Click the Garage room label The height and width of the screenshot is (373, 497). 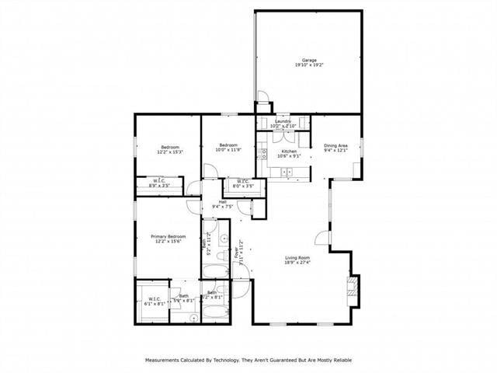[x=309, y=60]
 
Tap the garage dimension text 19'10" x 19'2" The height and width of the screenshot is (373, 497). [x=309, y=65]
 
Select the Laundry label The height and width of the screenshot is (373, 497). [x=282, y=121]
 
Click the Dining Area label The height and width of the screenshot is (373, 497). [x=335, y=145]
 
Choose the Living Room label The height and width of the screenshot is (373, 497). [x=297, y=258]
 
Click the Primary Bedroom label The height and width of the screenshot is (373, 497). [x=168, y=236]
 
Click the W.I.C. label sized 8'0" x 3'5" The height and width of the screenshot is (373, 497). [x=243, y=184]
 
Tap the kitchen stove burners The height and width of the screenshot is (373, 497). [x=264, y=153]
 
